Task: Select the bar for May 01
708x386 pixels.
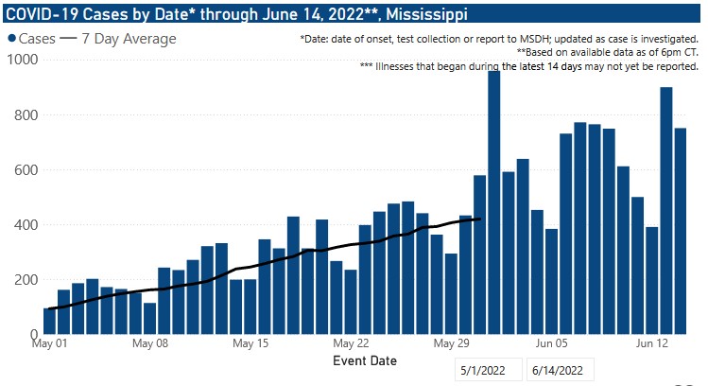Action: (50, 321)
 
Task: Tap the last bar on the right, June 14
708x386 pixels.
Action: (681, 231)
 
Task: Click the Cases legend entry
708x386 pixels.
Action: (34, 39)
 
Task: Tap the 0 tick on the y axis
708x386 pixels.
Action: (32, 335)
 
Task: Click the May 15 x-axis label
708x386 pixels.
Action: (250, 343)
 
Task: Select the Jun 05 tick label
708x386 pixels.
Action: (550, 343)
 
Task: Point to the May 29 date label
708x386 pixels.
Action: (450, 343)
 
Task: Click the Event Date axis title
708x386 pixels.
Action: (365, 360)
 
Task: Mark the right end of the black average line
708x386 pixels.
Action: (480, 219)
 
